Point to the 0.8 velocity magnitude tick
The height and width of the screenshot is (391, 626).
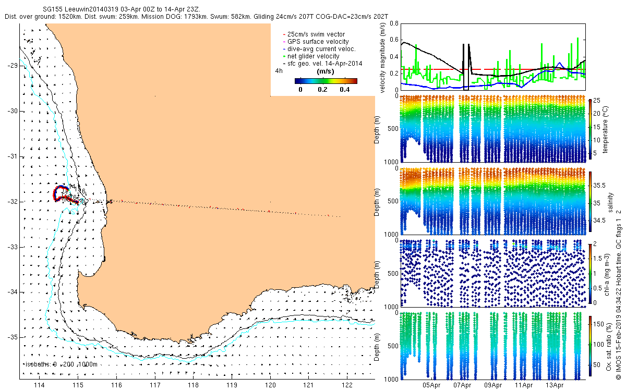coord(392,23)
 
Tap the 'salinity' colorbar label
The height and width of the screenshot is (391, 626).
coord(605,200)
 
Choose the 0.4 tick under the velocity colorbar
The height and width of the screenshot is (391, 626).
coord(344,89)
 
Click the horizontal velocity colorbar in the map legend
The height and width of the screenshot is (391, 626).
coord(326,81)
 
